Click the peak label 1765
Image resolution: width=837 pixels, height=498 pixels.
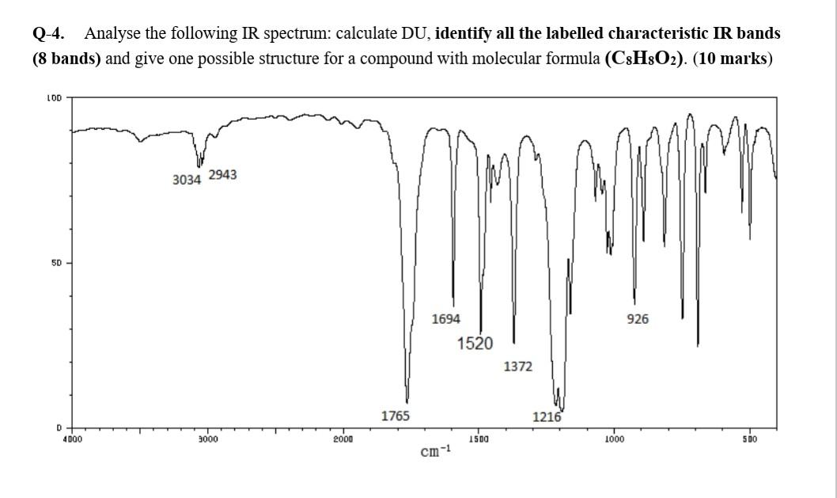(395, 416)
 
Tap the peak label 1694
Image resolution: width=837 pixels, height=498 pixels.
(446, 319)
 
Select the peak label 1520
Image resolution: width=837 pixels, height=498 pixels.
(475, 344)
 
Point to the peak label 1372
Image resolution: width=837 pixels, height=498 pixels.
(518, 367)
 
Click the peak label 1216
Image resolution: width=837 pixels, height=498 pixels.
(547, 417)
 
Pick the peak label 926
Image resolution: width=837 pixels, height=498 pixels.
(638, 319)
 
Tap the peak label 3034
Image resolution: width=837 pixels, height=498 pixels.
(187, 180)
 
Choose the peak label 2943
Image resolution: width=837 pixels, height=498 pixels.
(222, 174)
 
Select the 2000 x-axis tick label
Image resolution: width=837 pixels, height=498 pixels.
(342, 437)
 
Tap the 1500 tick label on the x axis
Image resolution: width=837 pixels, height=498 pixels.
(478, 437)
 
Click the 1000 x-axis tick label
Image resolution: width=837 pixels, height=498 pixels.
(613, 437)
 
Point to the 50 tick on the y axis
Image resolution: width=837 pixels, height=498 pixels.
(59, 262)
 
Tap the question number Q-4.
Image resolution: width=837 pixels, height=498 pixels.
(49, 34)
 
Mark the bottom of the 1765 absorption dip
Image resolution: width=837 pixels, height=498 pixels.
(407, 401)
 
